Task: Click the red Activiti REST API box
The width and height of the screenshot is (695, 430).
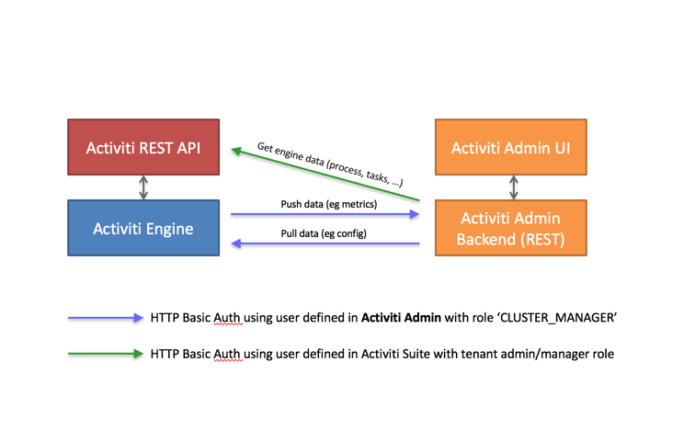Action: [x=143, y=146]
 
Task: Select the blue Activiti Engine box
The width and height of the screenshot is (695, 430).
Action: [x=143, y=228]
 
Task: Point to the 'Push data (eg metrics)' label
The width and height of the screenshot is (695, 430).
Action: [x=324, y=203]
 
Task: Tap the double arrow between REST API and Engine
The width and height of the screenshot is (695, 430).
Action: [x=143, y=187]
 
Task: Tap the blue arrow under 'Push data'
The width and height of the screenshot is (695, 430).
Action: [x=324, y=214]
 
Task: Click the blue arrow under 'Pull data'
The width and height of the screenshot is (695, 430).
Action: [x=324, y=244]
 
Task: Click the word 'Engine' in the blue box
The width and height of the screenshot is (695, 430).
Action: [x=171, y=228]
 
